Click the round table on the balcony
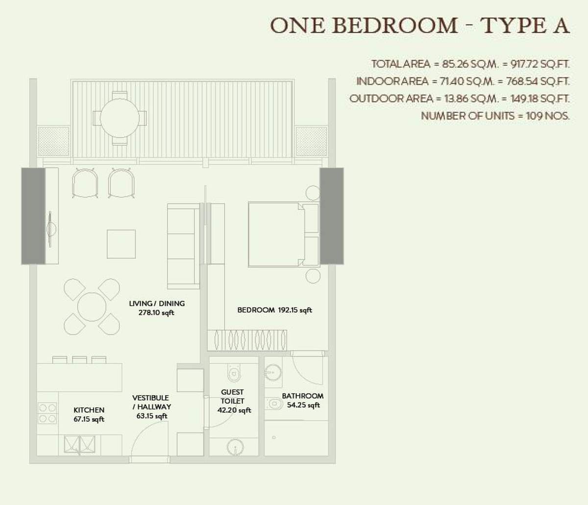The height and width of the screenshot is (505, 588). pos(119,118)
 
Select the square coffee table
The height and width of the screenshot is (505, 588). pos(122,244)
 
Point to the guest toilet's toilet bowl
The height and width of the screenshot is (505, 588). pos(234,374)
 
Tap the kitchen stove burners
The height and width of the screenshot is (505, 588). pos(48,413)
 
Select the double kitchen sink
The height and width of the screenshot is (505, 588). pos(79,444)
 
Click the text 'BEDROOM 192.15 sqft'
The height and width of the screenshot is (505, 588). pos(274,310)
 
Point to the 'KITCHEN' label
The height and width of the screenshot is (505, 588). pos(89,410)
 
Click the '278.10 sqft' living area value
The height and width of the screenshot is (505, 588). pos(156,312)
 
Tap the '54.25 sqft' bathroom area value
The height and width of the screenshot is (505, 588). pos(303,405)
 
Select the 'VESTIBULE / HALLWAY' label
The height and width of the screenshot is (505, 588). pos(151,402)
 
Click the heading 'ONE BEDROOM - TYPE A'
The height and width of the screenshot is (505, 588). pos(420,25)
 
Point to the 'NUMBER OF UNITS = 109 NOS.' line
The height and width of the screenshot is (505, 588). pos(495,116)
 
